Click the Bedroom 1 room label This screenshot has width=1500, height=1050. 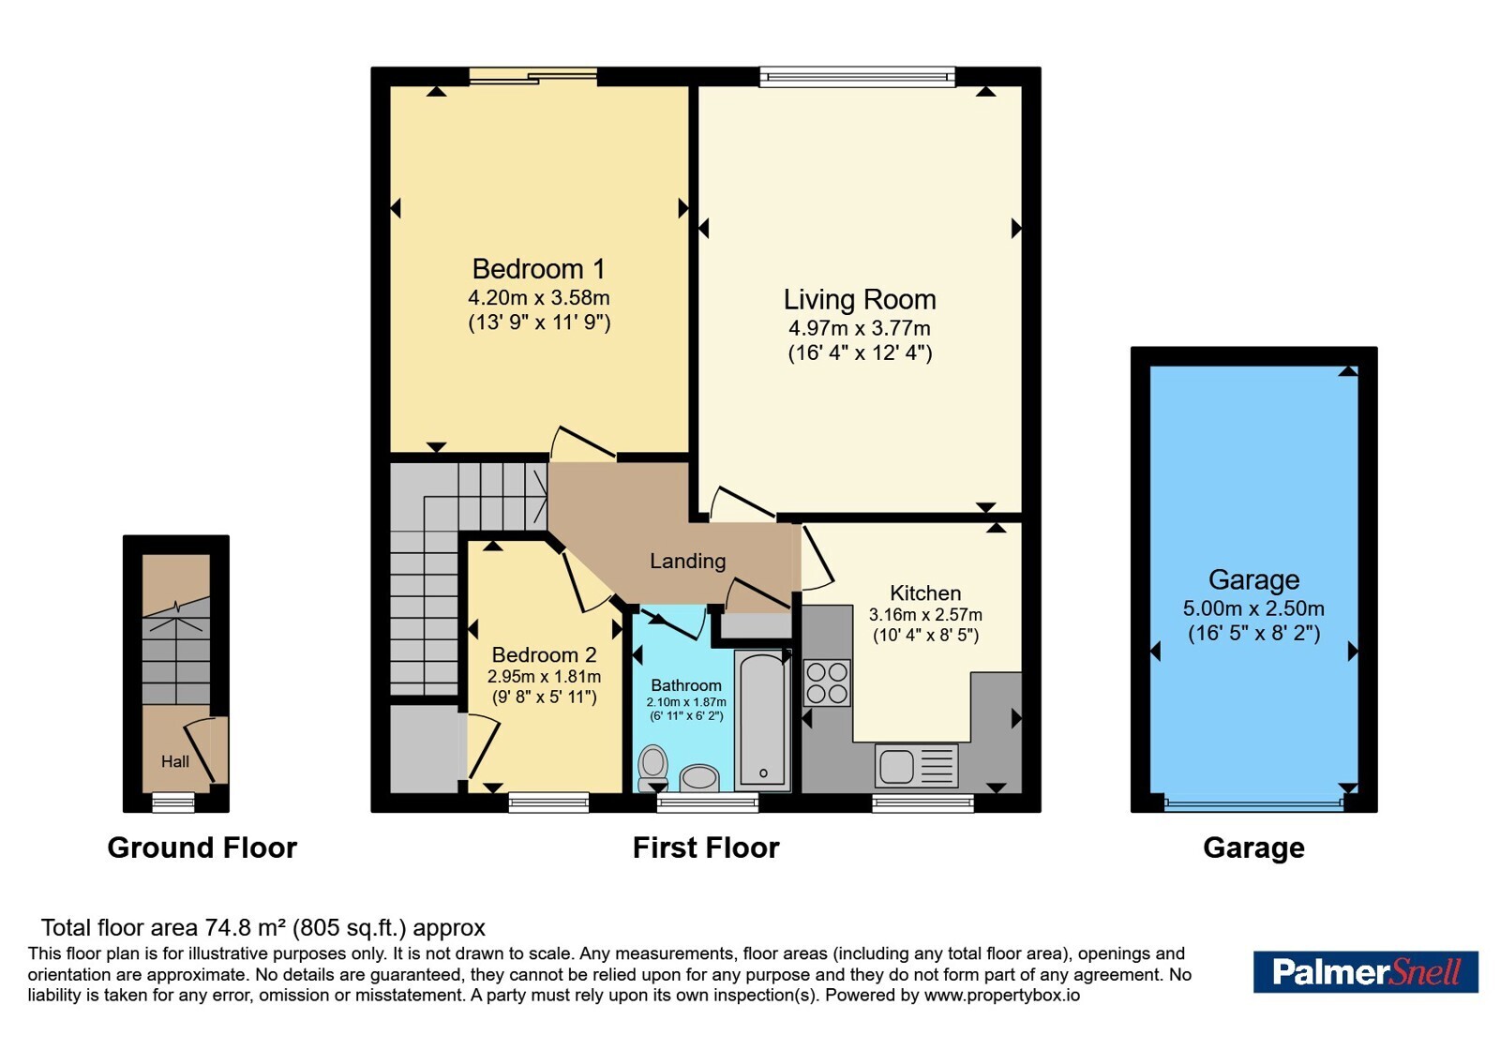538,269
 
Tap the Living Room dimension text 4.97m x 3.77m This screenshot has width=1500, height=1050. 859,328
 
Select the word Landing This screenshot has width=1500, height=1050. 688,561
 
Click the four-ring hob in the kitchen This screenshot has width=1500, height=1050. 826,683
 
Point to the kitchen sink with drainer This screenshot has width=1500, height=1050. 916,765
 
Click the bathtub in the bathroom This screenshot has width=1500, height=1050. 763,721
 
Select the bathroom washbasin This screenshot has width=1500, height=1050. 699,779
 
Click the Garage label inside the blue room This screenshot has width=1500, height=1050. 1253,580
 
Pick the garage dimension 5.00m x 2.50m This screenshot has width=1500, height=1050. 1253,608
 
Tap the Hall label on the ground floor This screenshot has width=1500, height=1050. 174,761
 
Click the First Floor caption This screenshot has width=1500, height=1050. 706,847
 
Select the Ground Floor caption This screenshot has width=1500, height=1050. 202,847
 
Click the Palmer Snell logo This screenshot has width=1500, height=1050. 1365,971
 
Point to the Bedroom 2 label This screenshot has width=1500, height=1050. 544,655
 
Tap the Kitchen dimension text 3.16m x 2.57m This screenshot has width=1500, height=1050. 925,615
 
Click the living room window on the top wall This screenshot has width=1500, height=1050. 857,76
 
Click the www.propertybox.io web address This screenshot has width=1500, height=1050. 1002,995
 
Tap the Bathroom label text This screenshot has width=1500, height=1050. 686,685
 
